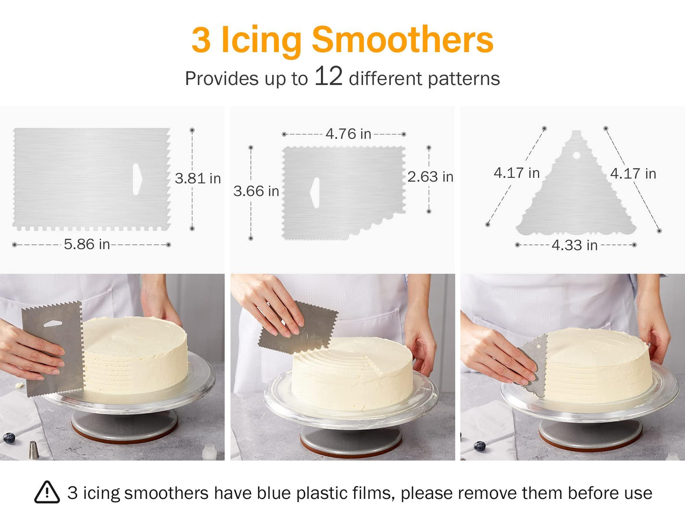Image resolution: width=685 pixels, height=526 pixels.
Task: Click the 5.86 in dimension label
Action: [x=87, y=244]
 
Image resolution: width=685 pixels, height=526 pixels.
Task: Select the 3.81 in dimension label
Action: [x=198, y=178]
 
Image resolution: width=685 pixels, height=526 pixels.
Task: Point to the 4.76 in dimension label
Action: [x=348, y=134]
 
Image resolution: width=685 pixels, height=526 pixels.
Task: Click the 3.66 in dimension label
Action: [x=256, y=191]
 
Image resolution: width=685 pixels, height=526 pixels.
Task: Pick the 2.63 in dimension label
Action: [x=430, y=177]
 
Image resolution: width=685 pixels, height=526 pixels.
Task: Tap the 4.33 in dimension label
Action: [x=574, y=245]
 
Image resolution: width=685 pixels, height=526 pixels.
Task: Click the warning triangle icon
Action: [x=47, y=492]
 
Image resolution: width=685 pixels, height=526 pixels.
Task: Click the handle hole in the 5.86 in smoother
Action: [x=137, y=179]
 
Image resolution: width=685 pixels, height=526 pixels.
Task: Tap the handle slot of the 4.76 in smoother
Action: [x=315, y=193]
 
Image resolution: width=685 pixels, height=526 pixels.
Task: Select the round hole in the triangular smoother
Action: [x=576, y=155]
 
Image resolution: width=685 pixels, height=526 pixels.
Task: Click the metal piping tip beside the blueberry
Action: [x=33, y=449]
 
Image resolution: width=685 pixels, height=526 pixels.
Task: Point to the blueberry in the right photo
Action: [x=480, y=445]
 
